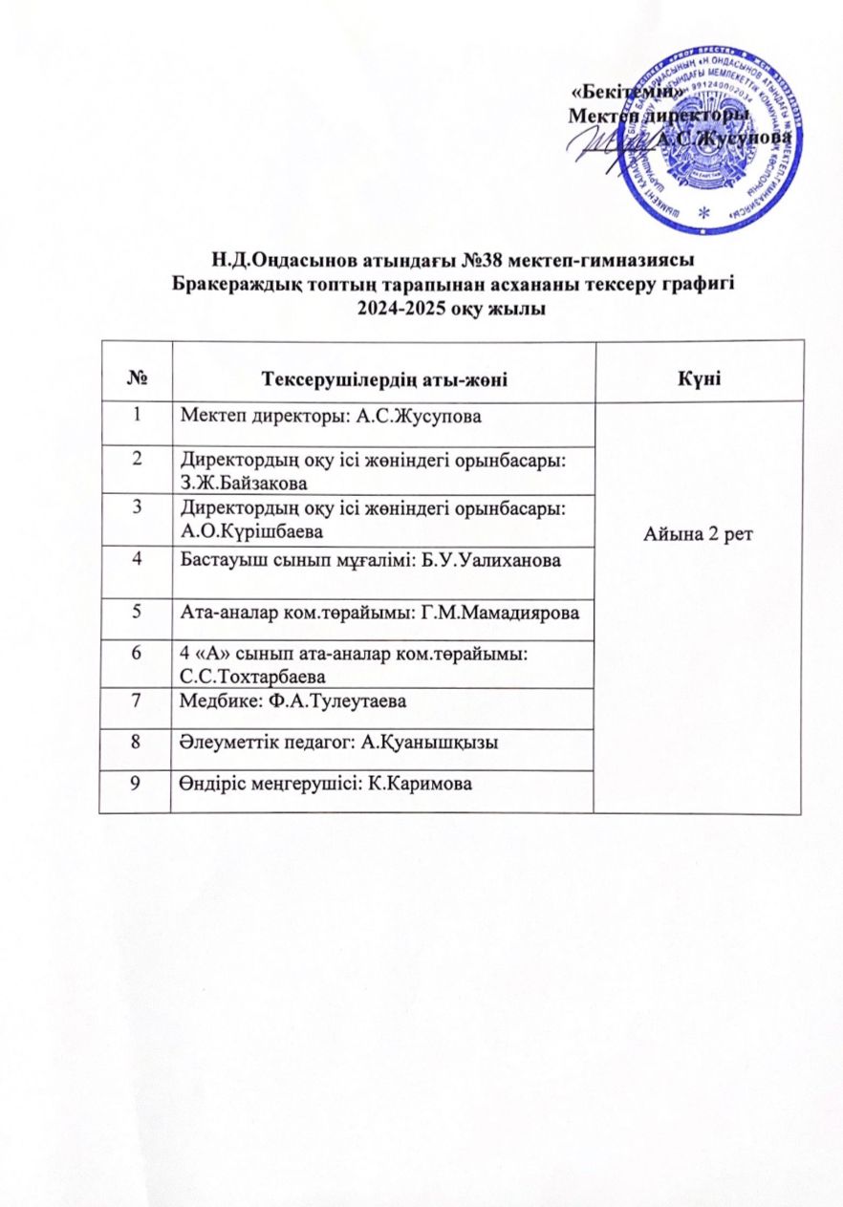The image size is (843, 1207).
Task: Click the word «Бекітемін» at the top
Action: click(627, 94)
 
